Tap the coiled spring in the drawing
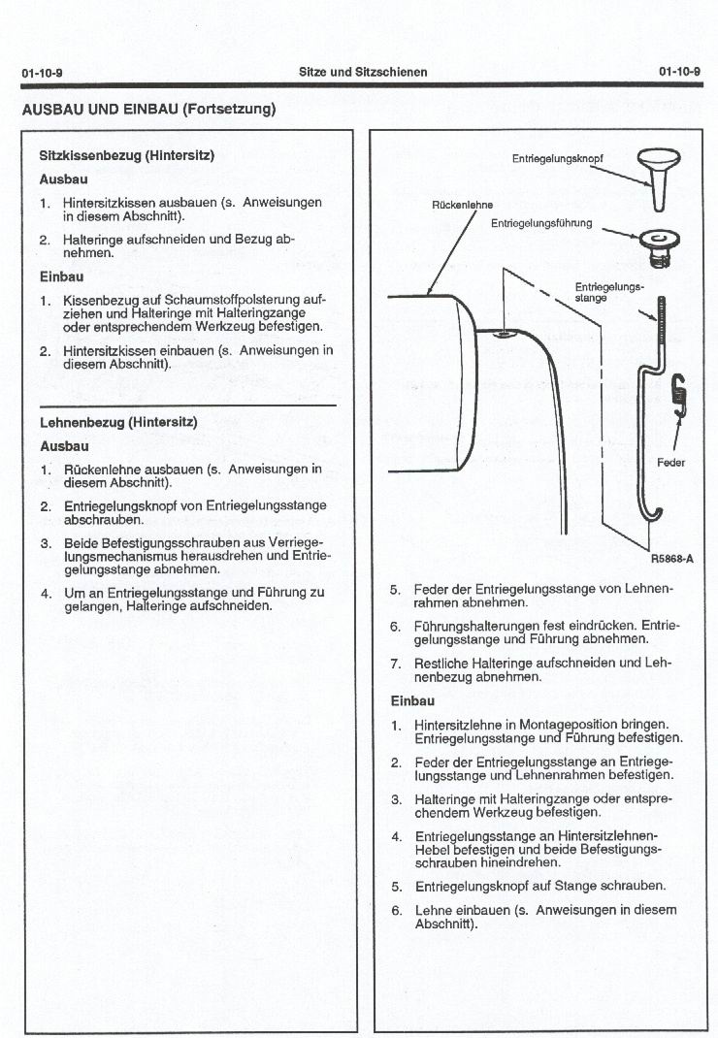coord(679,394)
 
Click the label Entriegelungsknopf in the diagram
coord(550,158)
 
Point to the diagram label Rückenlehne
coord(462,205)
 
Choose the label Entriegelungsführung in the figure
coord(540,223)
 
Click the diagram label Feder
coord(670,463)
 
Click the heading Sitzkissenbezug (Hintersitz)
coord(126,155)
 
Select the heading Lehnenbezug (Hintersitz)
coord(117,422)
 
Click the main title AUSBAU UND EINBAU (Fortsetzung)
coord(148,109)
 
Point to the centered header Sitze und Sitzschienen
coord(363,72)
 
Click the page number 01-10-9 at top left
coord(42,73)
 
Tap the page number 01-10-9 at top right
coord(679,72)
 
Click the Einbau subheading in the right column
coord(411,700)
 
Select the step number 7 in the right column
coord(395,664)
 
